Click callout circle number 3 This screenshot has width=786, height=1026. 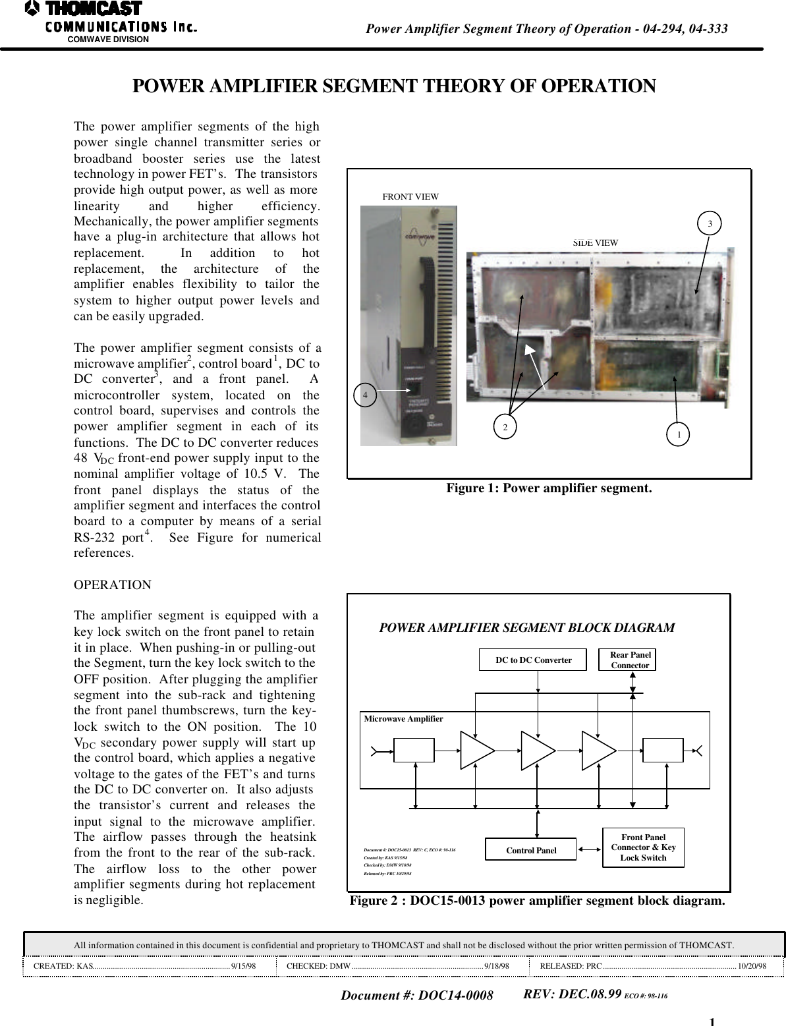[x=710, y=224]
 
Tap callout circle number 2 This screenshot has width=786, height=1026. [x=505, y=426]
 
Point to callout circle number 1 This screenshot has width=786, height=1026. [x=678, y=434]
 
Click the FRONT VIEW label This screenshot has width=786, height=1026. [x=410, y=196]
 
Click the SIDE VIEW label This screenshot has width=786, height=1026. [x=596, y=242]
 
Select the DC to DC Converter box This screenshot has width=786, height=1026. [x=532, y=660]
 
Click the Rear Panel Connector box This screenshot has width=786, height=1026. [x=629, y=660]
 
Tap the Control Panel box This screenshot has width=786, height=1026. [x=530, y=850]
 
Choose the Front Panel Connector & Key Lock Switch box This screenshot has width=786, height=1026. [x=643, y=847]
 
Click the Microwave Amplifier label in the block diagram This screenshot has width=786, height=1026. [x=403, y=719]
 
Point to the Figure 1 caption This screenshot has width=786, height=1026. [x=549, y=489]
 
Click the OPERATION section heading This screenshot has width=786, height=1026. [x=113, y=585]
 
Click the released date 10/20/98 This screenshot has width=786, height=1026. [x=752, y=966]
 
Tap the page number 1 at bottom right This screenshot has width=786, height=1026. [x=712, y=1021]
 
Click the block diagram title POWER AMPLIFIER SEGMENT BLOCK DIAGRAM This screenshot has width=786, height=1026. [x=526, y=628]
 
